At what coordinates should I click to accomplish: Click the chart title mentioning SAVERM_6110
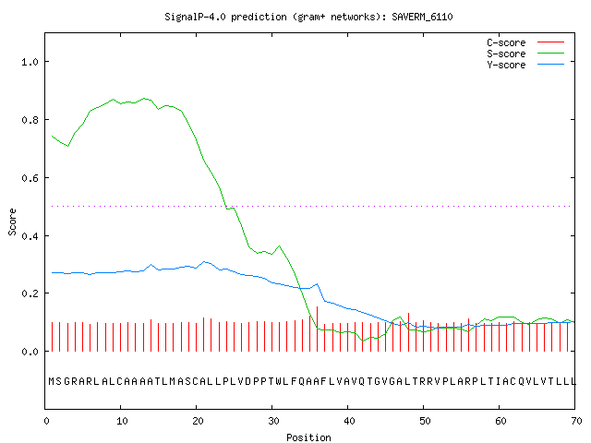coord(308,17)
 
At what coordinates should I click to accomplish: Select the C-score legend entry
coord(525,42)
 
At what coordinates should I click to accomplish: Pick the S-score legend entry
coord(525,54)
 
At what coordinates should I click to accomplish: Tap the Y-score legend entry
coord(525,65)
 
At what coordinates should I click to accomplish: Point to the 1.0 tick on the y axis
coord(30,62)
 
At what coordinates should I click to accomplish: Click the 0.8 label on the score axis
coord(30,120)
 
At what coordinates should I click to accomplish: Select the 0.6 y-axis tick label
coord(30,178)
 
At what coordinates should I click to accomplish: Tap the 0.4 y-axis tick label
coord(30,236)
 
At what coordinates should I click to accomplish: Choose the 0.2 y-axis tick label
coord(30,293)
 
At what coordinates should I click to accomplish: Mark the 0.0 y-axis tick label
coord(30,352)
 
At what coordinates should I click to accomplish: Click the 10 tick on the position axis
coord(122,421)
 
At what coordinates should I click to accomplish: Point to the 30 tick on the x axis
coord(273,421)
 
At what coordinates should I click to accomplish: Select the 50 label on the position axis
coord(425,421)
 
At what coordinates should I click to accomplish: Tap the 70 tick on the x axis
coord(576,421)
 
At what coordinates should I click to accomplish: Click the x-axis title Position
coord(308,437)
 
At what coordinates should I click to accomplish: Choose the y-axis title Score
coord(12,221)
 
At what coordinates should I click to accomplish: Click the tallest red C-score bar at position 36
coord(318,329)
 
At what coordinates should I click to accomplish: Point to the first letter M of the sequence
coord(52,381)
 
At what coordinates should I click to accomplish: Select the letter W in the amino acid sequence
coord(279,381)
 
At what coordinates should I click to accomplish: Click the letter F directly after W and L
coord(294,381)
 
